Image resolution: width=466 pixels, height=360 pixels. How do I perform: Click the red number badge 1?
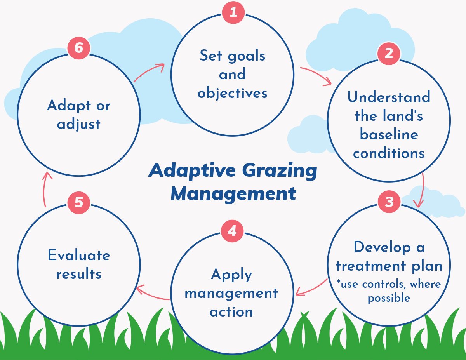click(233, 12)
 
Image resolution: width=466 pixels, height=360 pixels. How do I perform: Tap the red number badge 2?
click(389, 54)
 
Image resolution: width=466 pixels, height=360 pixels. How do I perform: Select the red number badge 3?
click(389, 202)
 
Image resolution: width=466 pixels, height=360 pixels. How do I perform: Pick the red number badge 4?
click(232, 231)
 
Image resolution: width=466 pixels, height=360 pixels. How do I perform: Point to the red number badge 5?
click(79, 203)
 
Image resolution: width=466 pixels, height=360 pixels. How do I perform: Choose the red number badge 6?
click(79, 48)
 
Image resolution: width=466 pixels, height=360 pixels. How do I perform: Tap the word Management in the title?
click(233, 193)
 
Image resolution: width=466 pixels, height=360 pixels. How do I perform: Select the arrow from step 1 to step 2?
click(315, 75)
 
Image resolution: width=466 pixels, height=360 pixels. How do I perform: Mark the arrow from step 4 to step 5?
click(153, 294)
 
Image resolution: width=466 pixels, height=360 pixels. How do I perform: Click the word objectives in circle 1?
click(232, 93)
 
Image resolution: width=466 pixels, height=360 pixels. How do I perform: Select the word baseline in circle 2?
click(389, 134)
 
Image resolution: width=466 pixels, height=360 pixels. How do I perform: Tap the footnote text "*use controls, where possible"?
click(389, 291)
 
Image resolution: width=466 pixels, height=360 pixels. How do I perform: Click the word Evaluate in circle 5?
click(79, 255)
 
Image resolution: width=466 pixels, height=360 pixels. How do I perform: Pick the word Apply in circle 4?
click(231, 275)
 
